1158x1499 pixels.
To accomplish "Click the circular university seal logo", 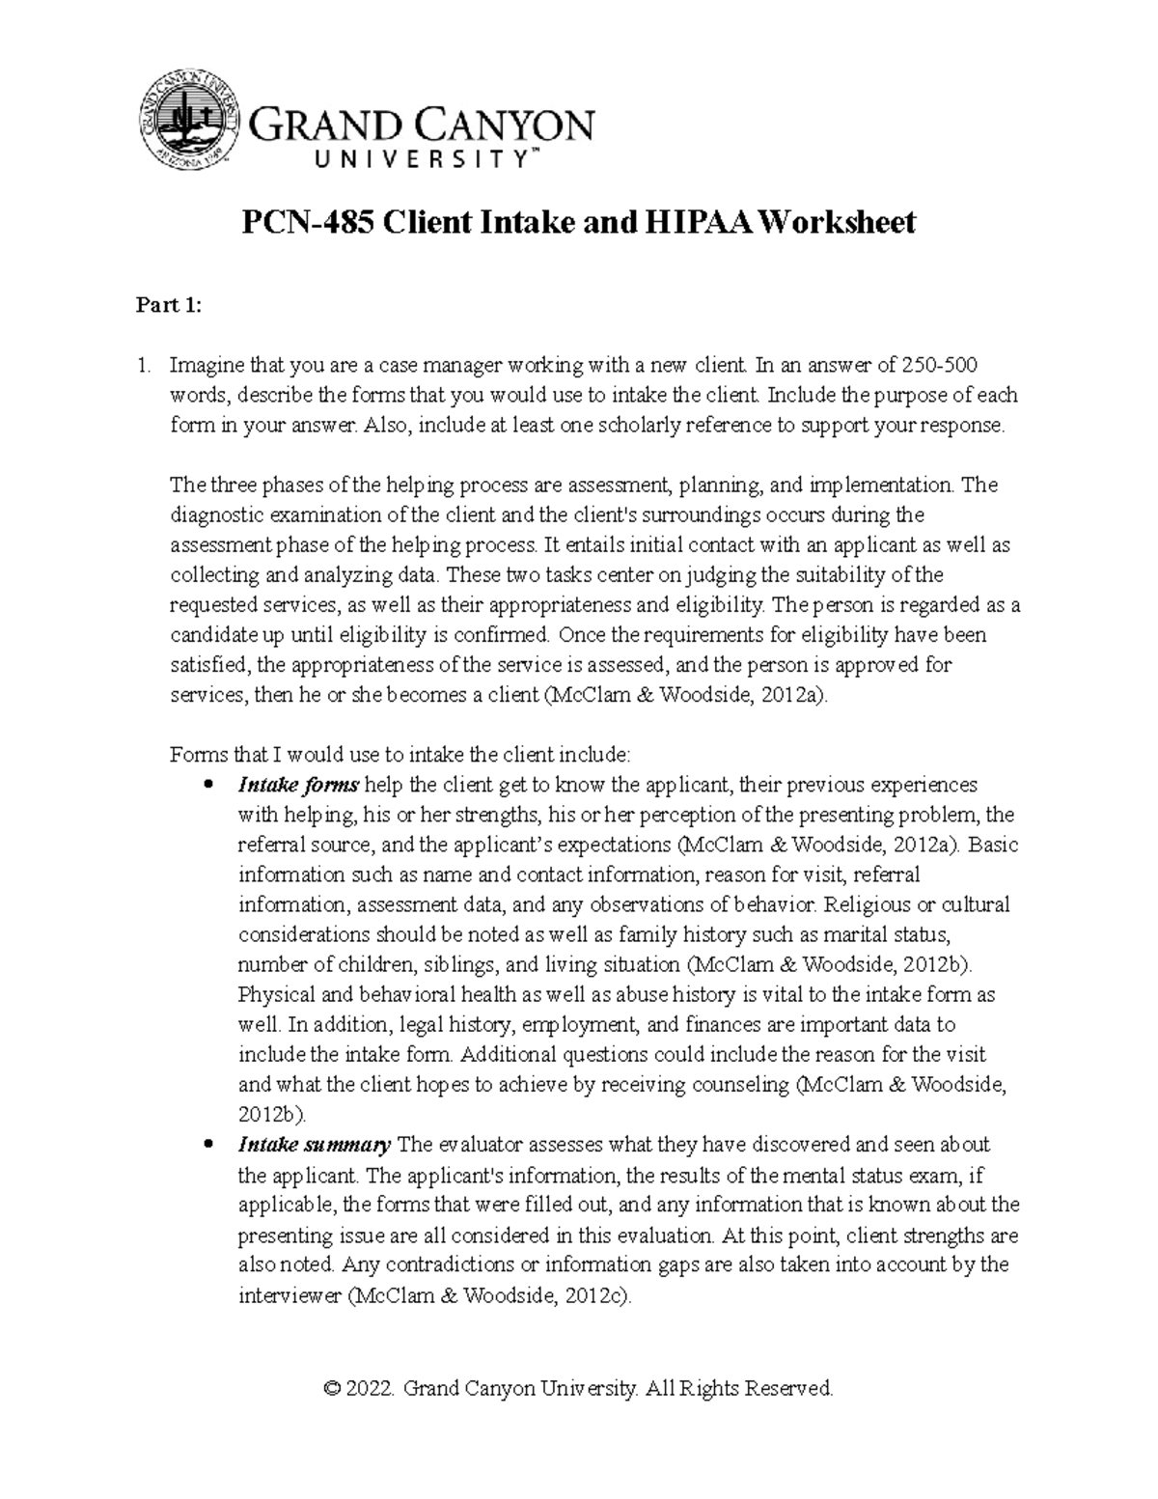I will [x=188, y=124].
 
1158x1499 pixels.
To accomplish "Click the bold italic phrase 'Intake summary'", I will [x=314, y=1145].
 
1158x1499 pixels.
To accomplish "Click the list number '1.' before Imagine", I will [x=144, y=366].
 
